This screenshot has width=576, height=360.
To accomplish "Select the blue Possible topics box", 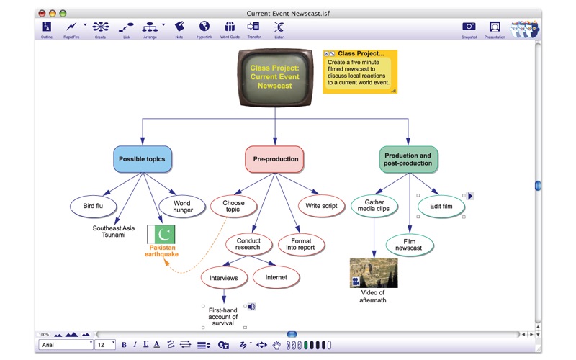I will (x=142, y=159).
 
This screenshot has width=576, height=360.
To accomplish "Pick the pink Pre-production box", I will (x=274, y=159).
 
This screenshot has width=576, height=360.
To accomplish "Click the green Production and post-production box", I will (x=408, y=159).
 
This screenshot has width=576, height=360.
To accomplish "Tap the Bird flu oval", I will (x=94, y=206).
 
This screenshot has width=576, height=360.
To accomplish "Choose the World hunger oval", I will (x=182, y=207).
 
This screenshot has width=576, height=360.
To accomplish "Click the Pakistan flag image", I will (x=161, y=234).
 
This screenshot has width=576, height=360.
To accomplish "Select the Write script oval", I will (x=321, y=206).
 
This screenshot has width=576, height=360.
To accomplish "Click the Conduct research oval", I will (x=248, y=244).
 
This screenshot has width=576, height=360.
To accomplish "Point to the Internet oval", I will (x=276, y=277).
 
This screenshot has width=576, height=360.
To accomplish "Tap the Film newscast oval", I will (x=409, y=244).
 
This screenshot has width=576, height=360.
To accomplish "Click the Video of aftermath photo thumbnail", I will (x=373, y=273).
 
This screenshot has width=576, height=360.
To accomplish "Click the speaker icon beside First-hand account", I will (x=251, y=307).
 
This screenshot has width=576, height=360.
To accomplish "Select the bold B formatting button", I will (x=124, y=345).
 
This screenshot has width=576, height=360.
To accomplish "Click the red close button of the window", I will (x=42, y=13).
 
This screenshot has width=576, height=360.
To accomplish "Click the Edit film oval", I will (x=441, y=206).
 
